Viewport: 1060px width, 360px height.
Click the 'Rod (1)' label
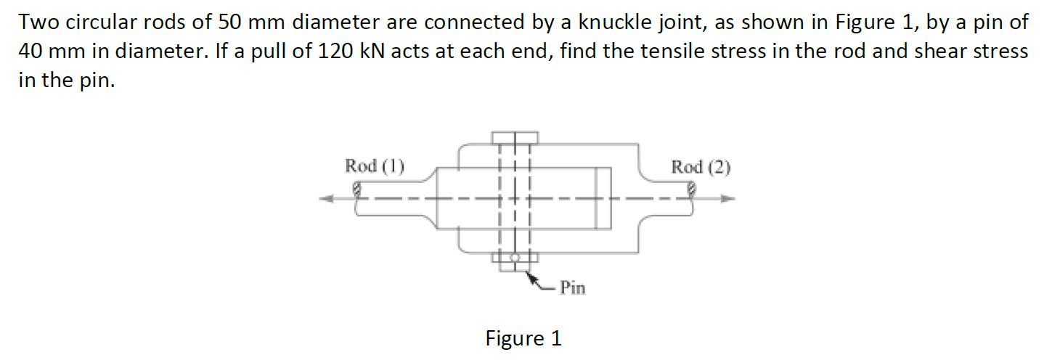374,165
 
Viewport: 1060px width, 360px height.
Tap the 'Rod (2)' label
701,167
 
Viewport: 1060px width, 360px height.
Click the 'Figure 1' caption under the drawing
523,338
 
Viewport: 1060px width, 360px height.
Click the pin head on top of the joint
515,137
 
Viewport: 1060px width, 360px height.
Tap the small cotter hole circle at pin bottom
515,257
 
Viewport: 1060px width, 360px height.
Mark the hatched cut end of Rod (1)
356,191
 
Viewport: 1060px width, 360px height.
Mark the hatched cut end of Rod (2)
692,190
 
